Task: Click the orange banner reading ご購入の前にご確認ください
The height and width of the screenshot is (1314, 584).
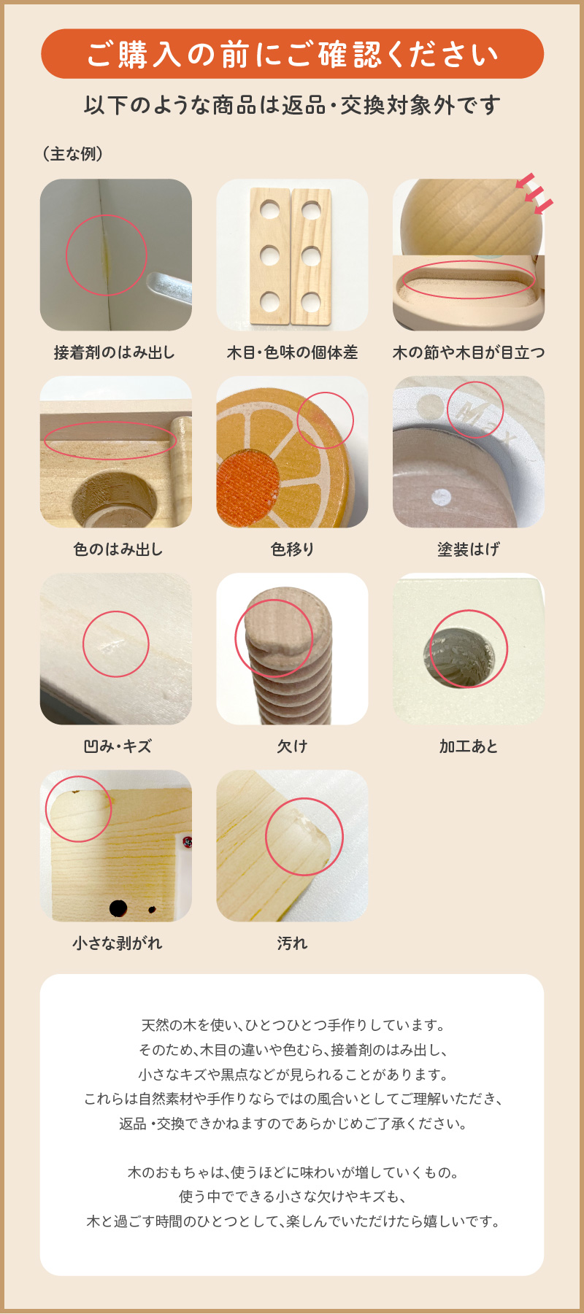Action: [292, 54]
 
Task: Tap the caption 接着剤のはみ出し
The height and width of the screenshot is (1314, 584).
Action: [115, 352]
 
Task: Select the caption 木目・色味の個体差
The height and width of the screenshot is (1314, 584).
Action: [292, 352]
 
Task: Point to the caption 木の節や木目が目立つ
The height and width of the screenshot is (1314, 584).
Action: [469, 352]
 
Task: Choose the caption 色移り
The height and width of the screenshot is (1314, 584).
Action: [292, 549]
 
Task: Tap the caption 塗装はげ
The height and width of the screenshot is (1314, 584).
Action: [469, 549]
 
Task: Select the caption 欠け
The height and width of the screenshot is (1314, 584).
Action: [292, 746]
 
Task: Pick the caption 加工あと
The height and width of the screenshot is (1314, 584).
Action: [469, 746]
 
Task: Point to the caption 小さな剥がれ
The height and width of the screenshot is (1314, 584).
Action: [117, 943]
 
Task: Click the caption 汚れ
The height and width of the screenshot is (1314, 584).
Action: [292, 943]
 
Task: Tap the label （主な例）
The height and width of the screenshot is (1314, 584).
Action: [73, 154]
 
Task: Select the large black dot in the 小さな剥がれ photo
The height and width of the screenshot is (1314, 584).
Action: [118, 908]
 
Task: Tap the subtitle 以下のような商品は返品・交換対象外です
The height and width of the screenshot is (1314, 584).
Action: [292, 106]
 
